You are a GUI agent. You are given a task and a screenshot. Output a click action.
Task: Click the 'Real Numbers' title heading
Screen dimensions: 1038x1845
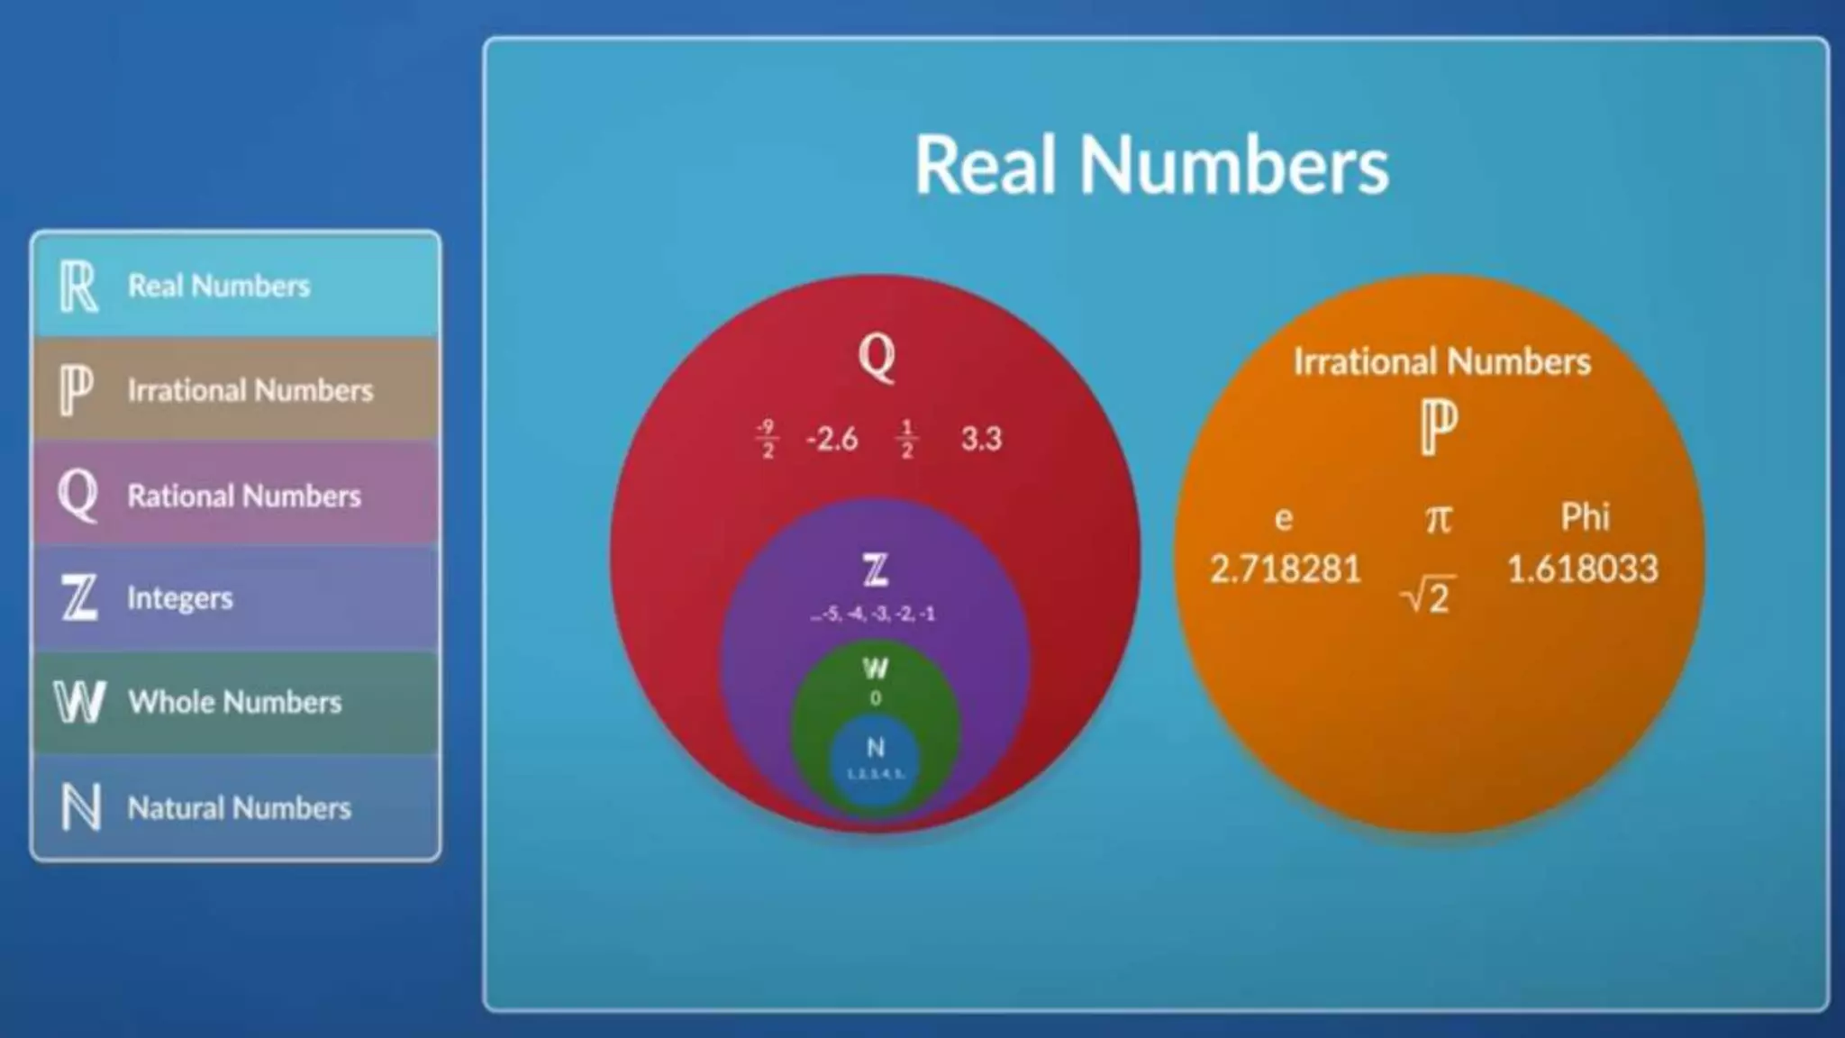(1151, 165)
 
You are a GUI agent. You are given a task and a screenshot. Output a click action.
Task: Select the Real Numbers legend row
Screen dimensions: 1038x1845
(235, 286)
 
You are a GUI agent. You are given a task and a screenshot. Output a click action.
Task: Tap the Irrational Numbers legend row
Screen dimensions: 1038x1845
(235, 390)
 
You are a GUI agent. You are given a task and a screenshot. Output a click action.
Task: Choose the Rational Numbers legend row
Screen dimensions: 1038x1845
(235, 495)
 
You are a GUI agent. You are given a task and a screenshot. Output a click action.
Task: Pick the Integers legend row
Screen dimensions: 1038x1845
(235, 598)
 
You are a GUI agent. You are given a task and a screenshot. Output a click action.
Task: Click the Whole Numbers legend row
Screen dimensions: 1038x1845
(235, 702)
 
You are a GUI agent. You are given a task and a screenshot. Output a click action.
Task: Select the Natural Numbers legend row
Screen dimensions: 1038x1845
(235, 807)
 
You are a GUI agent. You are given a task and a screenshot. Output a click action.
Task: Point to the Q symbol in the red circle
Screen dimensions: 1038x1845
(877, 357)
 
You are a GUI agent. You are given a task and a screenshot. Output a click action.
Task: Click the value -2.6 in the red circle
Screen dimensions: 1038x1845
(832, 439)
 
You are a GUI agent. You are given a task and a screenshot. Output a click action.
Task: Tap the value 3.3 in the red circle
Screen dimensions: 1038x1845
(981, 439)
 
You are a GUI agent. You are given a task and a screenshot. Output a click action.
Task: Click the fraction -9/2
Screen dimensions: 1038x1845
(766, 439)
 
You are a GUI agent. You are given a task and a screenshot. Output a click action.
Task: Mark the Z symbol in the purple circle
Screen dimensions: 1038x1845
(875, 570)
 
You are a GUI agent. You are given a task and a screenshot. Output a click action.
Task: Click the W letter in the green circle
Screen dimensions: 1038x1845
(875, 669)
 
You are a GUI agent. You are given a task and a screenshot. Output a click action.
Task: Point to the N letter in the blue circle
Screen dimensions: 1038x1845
(875, 747)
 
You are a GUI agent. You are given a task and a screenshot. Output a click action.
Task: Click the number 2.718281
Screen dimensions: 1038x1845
(1285, 569)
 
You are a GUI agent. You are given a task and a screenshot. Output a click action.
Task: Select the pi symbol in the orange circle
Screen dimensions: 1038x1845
(1439, 518)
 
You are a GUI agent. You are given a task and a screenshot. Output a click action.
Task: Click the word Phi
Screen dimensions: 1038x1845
(1585, 517)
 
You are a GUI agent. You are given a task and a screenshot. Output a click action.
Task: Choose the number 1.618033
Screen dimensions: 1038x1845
(1583, 569)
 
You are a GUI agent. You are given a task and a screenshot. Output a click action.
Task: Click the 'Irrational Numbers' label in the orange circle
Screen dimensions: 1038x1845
(1441, 361)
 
